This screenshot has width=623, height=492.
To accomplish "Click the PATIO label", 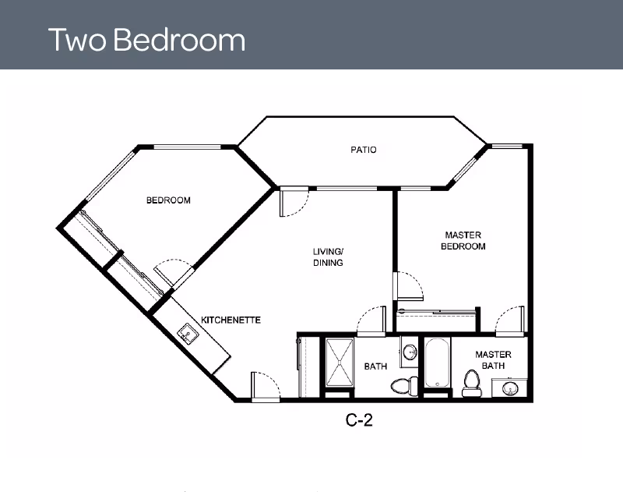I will (363, 150).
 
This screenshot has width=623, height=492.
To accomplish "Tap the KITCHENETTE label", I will (231, 320).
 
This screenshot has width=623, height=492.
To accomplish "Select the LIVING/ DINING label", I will (328, 257).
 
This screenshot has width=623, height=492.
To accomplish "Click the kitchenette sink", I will (188, 334).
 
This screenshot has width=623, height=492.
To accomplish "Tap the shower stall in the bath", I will (339, 363).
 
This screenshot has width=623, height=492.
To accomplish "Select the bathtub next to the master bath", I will (437, 363).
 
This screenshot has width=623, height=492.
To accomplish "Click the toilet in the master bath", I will (470, 383).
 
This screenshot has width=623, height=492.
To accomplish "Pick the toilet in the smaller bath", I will (400, 384).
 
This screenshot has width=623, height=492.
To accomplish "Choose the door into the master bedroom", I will (410, 285).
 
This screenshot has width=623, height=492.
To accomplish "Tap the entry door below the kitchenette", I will (263, 385).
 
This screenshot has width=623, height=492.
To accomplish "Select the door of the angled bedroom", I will (174, 272).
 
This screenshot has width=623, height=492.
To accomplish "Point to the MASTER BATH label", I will (493, 360).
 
